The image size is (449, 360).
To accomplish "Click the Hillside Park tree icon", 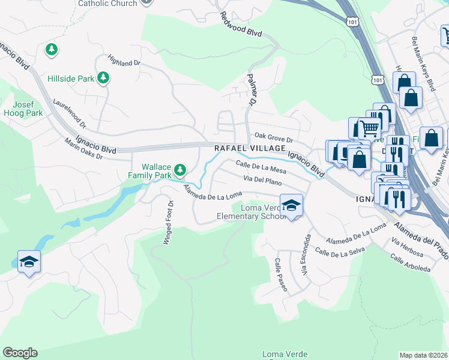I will pos(103,77).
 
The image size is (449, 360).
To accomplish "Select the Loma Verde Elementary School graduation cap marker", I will pos(291,206).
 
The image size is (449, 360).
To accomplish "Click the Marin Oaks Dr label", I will pos(84,149).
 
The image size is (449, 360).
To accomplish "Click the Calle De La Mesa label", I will pos(261,167).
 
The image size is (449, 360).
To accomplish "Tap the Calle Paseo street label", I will pos(281,275).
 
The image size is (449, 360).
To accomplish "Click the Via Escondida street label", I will pos(306,256).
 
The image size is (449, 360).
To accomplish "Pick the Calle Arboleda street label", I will pos(410,263).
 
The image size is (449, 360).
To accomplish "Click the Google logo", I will pos(20,353).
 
